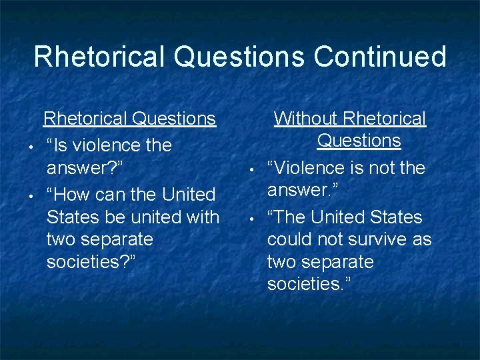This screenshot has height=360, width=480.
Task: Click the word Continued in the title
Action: point(380,57)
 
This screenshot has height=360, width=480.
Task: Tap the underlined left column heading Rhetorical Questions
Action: point(129,119)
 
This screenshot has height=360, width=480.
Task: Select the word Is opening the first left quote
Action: point(62,145)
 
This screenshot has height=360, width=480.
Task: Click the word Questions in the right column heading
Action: point(359,141)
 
